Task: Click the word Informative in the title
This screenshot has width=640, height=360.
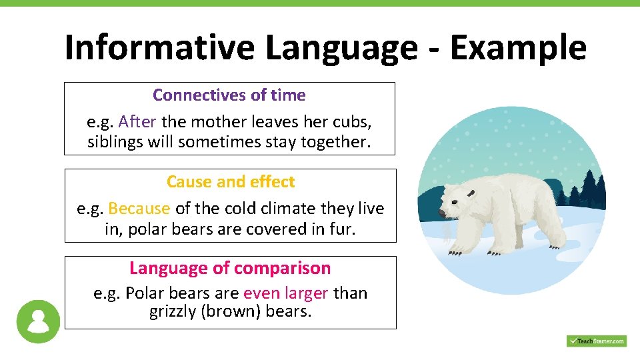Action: pyautogui.click(x=159, y=47)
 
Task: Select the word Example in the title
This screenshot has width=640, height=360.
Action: pyautogui.click(x=518, y=47)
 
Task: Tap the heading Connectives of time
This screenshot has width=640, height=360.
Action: pyautogui.click(x=229, y=95)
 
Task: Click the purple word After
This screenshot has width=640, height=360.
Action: pyautogui.click(x=137, y=122)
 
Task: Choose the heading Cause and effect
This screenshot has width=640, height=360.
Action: pyautogui.click(x=230, y=182)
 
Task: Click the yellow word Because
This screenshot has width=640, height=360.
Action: pyautogui.click(x=139, y=209)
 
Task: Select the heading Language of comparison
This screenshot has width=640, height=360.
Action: pyautogui.click(x=230, y=268)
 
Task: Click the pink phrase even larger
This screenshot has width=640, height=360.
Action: pyautogui.click(x=285, y=293)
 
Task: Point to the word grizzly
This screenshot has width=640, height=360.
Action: pyautogui.click(x=173, y=311)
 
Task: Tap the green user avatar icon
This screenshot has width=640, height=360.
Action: pyautogui.click(x=38, y=321)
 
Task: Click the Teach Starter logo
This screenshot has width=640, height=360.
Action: pyautogui.click(x=596, y=341)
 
